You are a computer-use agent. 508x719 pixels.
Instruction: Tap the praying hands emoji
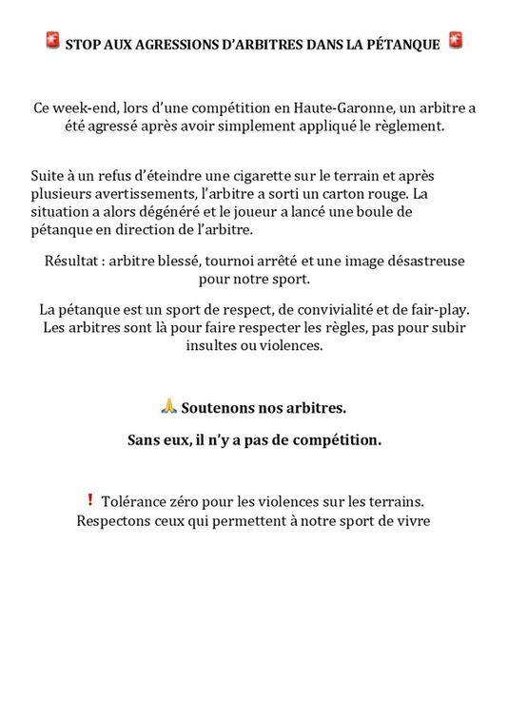pos(168,406)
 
